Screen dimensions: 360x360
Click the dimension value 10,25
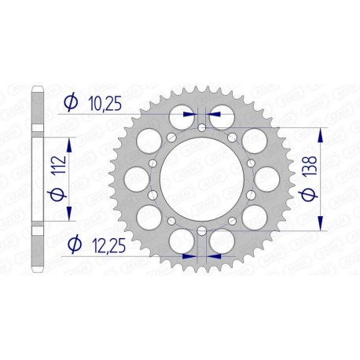pyautogui.click(x=106, y=103)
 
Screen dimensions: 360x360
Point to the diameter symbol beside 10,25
pyautogui.click(x=70, y=103)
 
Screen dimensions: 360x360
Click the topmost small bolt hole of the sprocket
pyautogui.click(x=203, y=127)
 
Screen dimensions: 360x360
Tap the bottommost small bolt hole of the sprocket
pyautogui.click(x=203, y=230)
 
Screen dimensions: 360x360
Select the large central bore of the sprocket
pyautogui.click(x=203, y=178)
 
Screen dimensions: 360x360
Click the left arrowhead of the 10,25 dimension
pyautogui.click(x=189, y=113)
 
